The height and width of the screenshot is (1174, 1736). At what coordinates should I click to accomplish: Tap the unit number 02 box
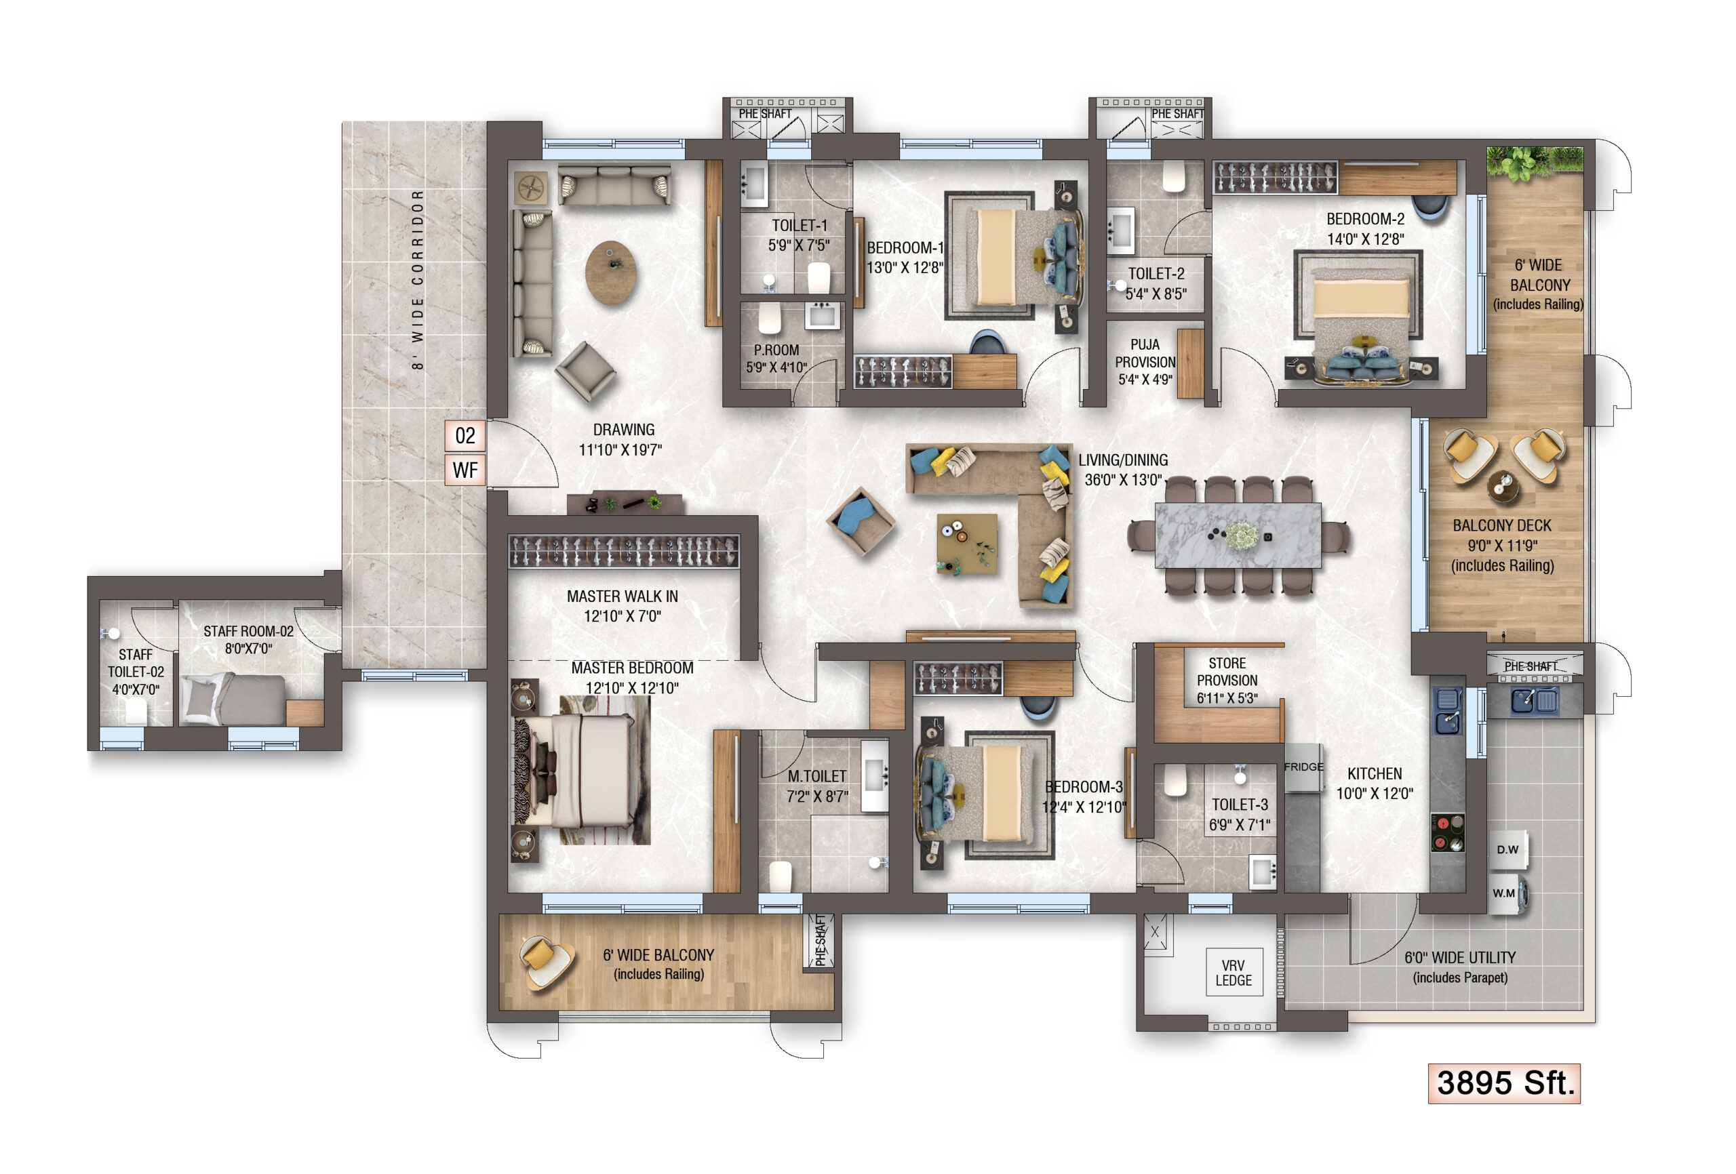pos(465,435)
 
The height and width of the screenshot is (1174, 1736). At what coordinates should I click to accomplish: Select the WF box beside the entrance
pos(465,470)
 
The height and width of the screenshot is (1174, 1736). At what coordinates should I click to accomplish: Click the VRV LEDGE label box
pos(1234,973)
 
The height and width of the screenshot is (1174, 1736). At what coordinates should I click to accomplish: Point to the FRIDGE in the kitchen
pos(1303,768)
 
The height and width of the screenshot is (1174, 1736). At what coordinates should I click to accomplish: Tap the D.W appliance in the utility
pos(1508,850)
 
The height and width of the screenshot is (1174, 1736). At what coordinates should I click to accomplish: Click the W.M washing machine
pos(1507,894)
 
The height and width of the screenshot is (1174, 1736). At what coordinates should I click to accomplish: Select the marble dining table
pos(1238,535)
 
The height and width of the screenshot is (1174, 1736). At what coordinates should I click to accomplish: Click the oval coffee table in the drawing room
pos(611,272)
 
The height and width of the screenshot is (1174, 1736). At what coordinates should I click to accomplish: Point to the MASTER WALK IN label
pos(623,606)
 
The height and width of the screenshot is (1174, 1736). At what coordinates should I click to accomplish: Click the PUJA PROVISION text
pos(1145,362)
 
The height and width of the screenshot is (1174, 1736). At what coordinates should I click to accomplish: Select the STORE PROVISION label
pos(1227,681)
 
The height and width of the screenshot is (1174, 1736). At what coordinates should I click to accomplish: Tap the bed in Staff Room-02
pos(234,699)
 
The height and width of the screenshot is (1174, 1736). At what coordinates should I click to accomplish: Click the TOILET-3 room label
pos(1240,815)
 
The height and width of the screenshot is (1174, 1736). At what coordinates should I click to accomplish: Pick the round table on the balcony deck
pos(1503,486)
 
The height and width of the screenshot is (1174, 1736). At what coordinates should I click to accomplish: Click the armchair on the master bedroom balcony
pos(547,962)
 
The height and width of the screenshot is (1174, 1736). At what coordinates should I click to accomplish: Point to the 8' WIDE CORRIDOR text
pos(418,279)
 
